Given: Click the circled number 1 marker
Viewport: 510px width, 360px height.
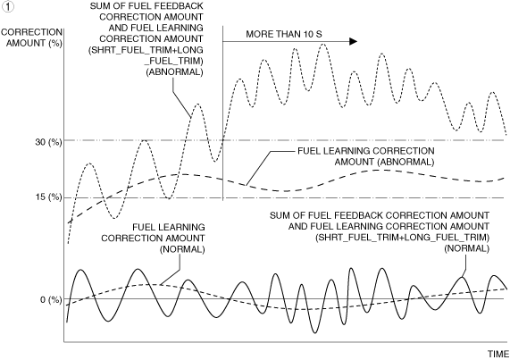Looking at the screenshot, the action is (7, 7).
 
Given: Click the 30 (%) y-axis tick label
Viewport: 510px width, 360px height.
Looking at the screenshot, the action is (48, 142).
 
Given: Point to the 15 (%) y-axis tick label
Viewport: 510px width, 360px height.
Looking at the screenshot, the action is (48, 197).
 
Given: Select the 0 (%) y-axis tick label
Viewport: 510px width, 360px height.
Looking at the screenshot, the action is (51, 299).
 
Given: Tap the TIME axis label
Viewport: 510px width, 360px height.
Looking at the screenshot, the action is (498, 354).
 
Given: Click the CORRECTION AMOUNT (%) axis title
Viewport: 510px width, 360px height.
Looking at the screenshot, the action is (31, 38).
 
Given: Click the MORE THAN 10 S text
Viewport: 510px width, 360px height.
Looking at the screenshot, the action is (284, 34).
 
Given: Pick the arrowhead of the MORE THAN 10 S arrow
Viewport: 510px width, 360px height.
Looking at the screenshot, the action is (353, 41).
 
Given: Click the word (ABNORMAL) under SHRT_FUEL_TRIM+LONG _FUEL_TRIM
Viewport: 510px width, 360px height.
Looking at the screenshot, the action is (174, 71).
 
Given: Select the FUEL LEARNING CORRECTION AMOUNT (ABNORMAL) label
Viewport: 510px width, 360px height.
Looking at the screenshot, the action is (366, 156).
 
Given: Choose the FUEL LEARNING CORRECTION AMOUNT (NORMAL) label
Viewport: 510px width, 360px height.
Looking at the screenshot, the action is (153, 238).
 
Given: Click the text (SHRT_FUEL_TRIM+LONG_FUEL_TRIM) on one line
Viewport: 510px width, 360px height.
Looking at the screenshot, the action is (402, 238).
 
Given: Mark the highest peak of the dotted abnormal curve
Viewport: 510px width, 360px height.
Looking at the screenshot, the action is (323, 44).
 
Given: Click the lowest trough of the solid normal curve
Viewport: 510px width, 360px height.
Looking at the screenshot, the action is (314, 332).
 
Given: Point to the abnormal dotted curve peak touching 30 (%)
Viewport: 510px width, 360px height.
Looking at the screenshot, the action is (144, 140).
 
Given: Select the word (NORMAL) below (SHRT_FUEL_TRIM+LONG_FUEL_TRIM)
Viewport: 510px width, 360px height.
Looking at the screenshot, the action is (467, 248).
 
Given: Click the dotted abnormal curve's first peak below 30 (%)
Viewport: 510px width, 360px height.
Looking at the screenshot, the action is (89, 163).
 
